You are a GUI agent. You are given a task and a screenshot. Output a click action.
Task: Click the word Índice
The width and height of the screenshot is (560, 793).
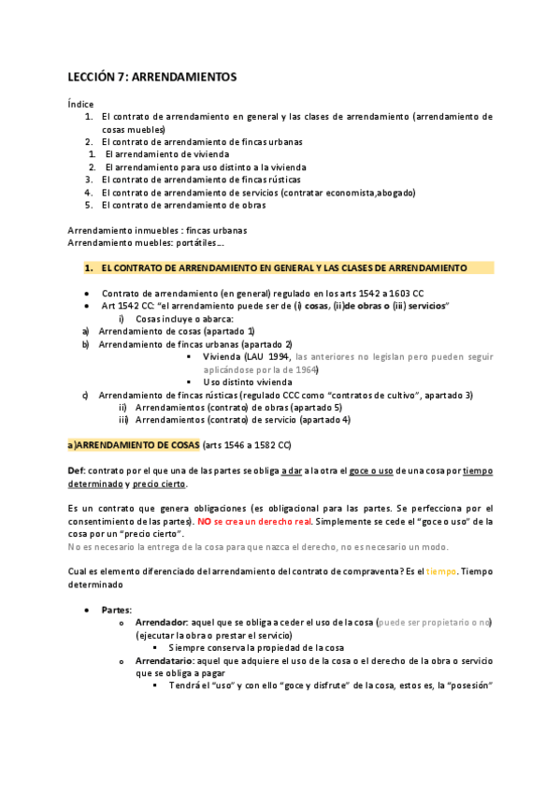click(x=81, y=103)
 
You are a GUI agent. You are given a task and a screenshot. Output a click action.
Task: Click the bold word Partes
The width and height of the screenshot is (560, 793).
click(x=117, y=609)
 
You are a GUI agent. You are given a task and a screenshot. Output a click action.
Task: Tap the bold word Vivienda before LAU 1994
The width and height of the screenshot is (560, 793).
click(x=223, y=356)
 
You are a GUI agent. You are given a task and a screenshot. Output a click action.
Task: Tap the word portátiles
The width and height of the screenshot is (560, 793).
click(x=197, y=242)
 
